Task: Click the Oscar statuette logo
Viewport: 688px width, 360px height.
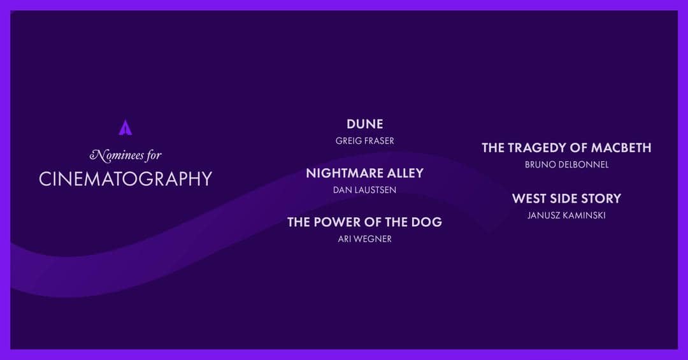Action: pyautogui.click(x=125, y=127)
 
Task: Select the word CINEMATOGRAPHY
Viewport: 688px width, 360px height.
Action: pyautogui.click(x=125, y=178)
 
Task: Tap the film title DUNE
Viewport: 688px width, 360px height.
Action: pyautogui.click(x=365, y=124)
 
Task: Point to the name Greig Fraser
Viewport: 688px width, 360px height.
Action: pyautogui.click(x=365, y=141)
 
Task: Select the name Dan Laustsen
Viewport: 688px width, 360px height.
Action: pyautogui.click(x=365, y=190)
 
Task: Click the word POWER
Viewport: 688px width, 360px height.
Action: pyautogui.click(x=340, y=222)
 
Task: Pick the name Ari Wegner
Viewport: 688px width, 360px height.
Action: pyautogui.click(x=365, y=239)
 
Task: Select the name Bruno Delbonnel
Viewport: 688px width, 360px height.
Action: pyautogui.click(x=566, y=164)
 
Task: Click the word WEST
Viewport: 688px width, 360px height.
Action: pyautogui.click(x=529, y=199)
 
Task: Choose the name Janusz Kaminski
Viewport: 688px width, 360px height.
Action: pyautogui.click(x=566, y=215)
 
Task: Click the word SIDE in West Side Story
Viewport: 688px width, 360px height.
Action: pyautogui.click(x=563, y=199)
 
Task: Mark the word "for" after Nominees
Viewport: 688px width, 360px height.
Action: pyautogui.click(x=153, y=155)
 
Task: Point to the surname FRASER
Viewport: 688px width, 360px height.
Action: pyautogui.click(x=379, y=141)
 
